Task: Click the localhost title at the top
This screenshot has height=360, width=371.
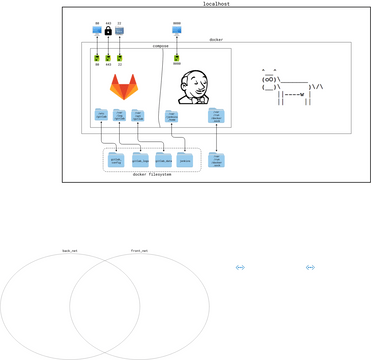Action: [216, 4]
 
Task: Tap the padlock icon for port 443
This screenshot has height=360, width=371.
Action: [108, 31]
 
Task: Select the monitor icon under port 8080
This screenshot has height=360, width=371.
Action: [177, 31]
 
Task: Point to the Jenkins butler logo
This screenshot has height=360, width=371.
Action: [192, 87]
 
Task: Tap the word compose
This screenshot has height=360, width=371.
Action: [160, 46]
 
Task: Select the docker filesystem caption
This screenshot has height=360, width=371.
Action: [152, 174]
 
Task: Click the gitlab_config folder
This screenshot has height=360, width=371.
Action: [116, 159]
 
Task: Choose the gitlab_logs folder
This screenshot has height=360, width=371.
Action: [140, 159]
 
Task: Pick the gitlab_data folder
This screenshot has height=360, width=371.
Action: [163, 159]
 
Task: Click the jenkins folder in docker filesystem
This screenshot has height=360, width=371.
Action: [185, 159]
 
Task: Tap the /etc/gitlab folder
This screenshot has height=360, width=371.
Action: [101, 115]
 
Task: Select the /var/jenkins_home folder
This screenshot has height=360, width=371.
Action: [172, 116]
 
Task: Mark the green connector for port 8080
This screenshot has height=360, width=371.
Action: [177, 59]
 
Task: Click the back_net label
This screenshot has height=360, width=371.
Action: [69, 251]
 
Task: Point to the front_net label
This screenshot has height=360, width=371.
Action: [139, 251]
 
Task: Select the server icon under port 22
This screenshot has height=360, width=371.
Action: [120, 31]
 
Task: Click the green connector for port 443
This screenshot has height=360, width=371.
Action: [108, 59]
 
